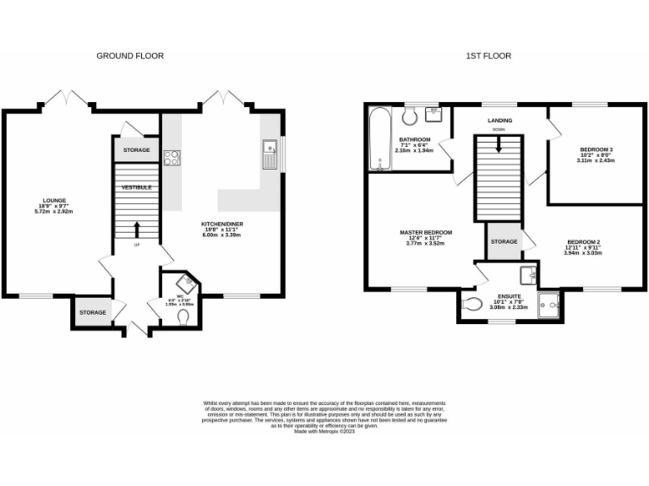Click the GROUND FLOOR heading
(x=129, y=56)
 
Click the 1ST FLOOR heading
(x=488, y=56)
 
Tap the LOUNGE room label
(x=55, y=201)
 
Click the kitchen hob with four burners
(x=172, y=157)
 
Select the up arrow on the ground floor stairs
(x=136, y=228)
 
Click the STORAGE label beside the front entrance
(x=93, y=312)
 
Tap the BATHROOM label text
(x=415, y=139)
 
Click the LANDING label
(x=499, y=120)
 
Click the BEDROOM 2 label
(x=583, y=242)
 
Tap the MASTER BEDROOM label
(x=427, y=232)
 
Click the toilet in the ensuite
(x=474, y=305)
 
